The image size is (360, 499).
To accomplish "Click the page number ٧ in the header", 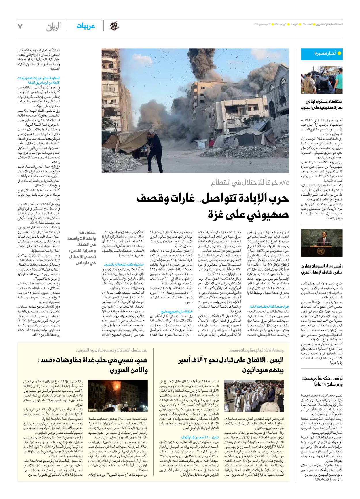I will (20, 26).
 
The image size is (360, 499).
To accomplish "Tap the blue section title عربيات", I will (86, 26).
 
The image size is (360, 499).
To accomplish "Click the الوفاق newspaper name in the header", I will (54, 27).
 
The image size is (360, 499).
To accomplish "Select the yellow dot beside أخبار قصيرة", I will (339, 53).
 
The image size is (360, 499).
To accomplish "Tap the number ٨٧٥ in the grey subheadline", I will (283, 182).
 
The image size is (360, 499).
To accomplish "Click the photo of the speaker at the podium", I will (322, 243).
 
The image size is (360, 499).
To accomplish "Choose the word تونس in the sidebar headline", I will (337, 378).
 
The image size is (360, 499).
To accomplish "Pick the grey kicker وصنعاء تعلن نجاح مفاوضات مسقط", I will (256, 350).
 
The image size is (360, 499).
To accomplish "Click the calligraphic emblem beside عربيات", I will (114, 26).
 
